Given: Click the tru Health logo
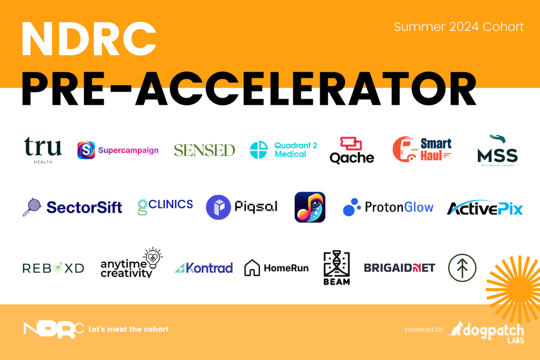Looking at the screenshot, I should pyautogui.click(x=43, y=150).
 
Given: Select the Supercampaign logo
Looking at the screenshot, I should pyautogui.click(x=118, y=150).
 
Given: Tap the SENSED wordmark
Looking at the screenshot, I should pyautogui.click(x=204, y=150).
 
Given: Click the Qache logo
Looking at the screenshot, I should pyautogui.click(x=352, y=150).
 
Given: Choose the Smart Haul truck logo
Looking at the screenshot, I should pyautogui.click(x=422, y=150).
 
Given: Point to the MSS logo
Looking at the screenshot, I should pyautogui.click(x=497, y=151).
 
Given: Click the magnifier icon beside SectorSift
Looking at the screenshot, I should pyautogui.click(x=31, y=207).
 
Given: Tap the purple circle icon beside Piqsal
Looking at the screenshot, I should pyautogui.click(x=218, y=207).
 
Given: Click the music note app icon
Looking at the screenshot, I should pyautogui.click(x=310, y=207).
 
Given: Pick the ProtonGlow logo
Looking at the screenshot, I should pyautogui.click(x=388, y=207).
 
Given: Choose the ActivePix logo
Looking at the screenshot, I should pyautogui.click(x=485, y=208).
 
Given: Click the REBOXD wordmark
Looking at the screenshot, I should pyautogui.click(x=53, y=268).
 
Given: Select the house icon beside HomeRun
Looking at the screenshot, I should pyautogui.click(x=252, y=268).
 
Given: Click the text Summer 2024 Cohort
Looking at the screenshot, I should pyautogui.click(x=458, y=26).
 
